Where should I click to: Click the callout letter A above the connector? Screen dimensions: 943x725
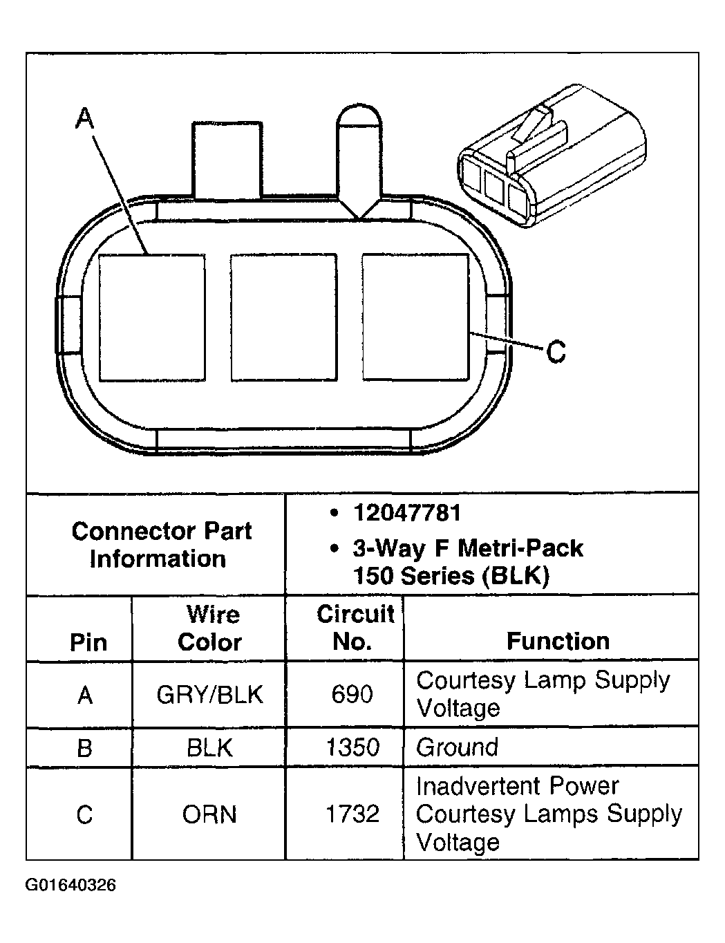[x=84, y=120]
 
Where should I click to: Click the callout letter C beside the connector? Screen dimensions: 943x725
[x=556, y=353]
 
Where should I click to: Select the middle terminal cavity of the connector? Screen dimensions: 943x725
[x=283, y=317]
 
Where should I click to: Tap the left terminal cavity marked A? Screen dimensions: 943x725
[x=152, y=318]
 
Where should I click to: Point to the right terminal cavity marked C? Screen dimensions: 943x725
[x=415, y=317]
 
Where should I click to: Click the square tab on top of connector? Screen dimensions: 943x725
[x=227, y=160]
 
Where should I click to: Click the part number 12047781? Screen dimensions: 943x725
[x=406, y=514]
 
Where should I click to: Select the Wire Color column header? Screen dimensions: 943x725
[x=210, y=628]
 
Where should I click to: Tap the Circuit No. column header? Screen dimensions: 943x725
[x=355, y=628]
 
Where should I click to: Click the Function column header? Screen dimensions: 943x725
[x=558, y=642]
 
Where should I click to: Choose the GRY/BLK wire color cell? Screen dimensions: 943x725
[x=210, y=695]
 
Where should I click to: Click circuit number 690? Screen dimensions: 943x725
[x=352, y=695]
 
